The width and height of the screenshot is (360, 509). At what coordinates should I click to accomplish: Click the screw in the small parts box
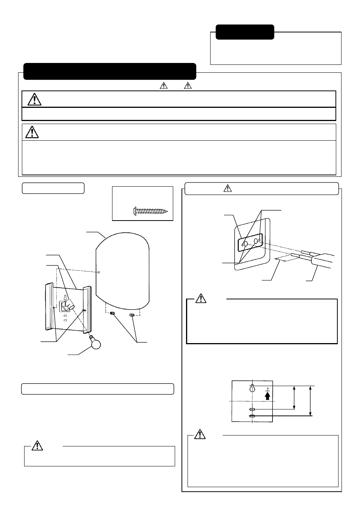(x=150, y=211)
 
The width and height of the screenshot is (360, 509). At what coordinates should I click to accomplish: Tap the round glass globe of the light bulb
(x=96, y=345)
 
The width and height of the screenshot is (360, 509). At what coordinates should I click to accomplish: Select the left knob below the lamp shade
(x=112, y=314)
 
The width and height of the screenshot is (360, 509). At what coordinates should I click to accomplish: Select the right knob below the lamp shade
(x=132, y=315)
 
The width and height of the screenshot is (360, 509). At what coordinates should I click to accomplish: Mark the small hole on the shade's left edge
(x=99, y=272)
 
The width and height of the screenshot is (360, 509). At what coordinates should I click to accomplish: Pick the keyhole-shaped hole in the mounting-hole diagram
(x=252, y=388)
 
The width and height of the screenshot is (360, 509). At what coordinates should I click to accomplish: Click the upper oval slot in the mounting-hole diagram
(x=252, y=409)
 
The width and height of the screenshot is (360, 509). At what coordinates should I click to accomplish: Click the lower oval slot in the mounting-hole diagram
(x=252, y=416)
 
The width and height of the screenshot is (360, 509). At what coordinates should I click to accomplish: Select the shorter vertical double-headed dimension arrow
(x=294, y=397)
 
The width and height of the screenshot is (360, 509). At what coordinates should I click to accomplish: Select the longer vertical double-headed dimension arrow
(x=310, y=401)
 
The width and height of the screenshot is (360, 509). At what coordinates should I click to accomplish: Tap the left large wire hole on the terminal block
(x=246, y=244)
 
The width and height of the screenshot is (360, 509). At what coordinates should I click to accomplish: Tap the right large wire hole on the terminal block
(x=256, y=241)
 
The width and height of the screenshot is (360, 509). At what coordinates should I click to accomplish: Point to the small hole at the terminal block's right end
(x=260, y=240)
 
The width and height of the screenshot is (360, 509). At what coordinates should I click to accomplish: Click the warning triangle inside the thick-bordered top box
(x=34, y=99)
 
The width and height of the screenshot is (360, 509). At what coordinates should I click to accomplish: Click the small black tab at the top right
(x=245, y=32)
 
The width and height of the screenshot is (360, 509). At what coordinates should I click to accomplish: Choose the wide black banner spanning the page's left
(x=110, y=71)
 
